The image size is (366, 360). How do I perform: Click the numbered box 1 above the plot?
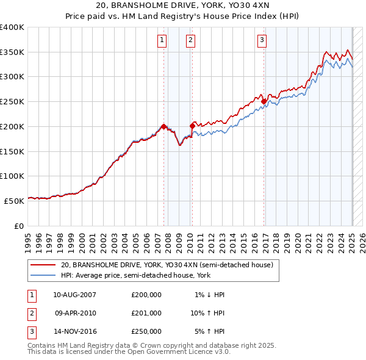162,41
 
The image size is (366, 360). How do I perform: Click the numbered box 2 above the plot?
190,41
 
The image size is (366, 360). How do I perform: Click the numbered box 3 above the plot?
262,41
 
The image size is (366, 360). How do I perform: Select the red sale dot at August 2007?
164,126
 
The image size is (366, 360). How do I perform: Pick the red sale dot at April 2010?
192,126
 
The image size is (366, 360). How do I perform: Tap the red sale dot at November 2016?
264,101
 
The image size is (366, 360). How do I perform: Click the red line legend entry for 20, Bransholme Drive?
170,265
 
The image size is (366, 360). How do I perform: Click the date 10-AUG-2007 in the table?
75,295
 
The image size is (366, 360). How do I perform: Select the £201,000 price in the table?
146,313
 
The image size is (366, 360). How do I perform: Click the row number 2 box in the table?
30,313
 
